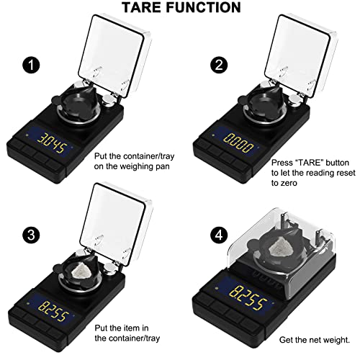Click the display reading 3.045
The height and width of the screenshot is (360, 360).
pos(59,140)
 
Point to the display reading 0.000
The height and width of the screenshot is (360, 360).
pos(239,140)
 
